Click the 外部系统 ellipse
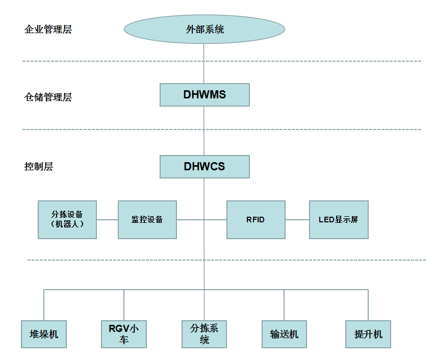click(x=204, y=29)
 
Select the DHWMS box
click(x=204, y=95)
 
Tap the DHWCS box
click(x=204, y=167)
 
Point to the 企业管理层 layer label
click(x=48, y=29)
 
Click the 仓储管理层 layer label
click(x=48, y=97)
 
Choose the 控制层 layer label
click(x=39, y=166)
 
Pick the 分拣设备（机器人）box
click(x=67, y=220)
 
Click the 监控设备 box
click(x=147, y=220)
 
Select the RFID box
click(x=256, y=220)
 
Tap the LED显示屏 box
click(x=339, y=220)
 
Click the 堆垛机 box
click(x=44, y=335)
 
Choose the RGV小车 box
click(x=124, y=335)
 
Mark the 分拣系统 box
click(x=204, y=335)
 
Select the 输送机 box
click(x=284, y=335)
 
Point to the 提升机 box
click(x=368, y=335)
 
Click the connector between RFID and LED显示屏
click(x=297, y=220)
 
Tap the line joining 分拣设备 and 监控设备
click(x=107, y=220)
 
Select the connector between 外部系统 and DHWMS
click(x=204, y=64)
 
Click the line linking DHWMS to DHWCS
click(x=204, y=131)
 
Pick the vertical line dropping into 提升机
click(x=368, y=305)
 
